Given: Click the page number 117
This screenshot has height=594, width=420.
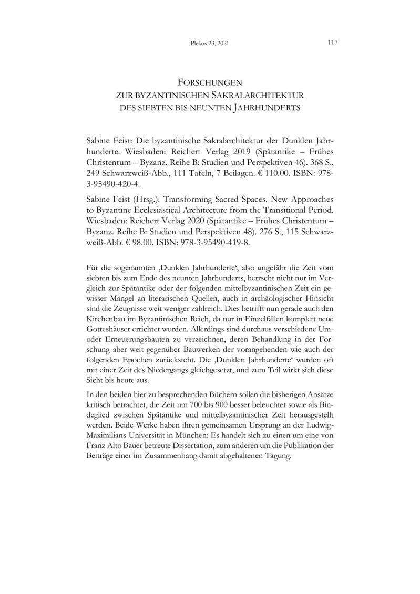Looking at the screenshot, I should [x=332, y=43].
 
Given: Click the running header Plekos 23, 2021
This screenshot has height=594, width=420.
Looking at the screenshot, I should [x=210, y=44].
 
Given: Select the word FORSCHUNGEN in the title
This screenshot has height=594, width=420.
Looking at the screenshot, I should [x=210, y=83].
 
